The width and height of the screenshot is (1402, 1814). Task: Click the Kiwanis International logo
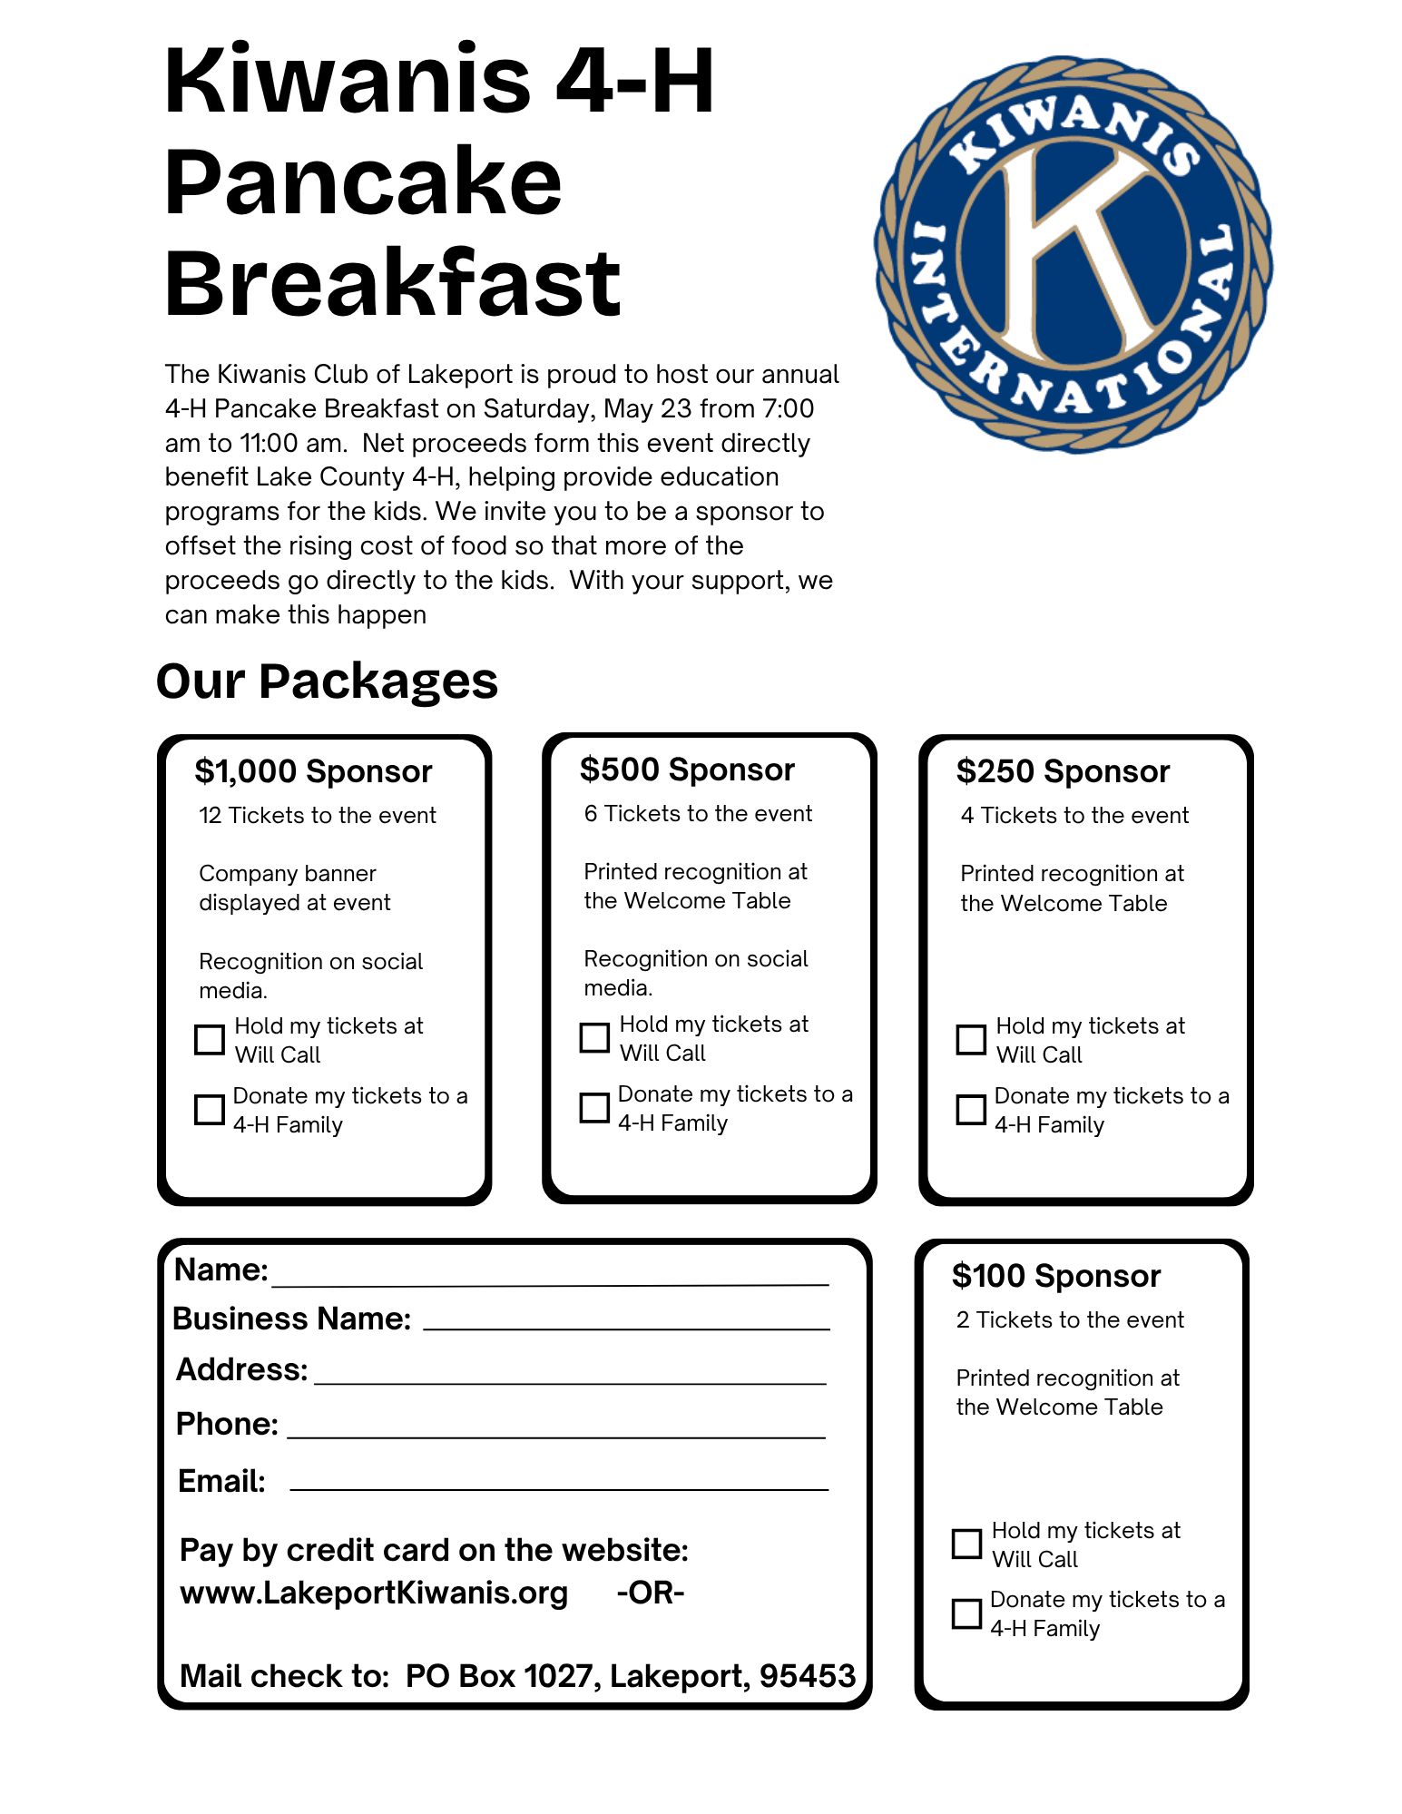1073,254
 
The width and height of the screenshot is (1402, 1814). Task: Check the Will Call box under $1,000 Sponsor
210,1039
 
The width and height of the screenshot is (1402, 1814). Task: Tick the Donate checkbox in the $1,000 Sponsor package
210,1109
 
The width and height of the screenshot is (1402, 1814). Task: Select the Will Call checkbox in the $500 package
594,1037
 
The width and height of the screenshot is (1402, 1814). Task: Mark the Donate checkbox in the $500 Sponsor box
594,1107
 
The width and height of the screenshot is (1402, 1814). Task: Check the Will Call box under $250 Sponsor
971,1039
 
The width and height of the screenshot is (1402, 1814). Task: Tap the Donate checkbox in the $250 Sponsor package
971,1109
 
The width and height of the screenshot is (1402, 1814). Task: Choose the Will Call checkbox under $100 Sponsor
966,1544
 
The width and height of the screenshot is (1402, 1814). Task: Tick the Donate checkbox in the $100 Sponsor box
966,1613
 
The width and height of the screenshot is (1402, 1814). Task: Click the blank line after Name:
550,1278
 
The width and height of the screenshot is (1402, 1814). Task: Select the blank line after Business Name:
626,1322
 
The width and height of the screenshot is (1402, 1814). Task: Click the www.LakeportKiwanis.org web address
374,1593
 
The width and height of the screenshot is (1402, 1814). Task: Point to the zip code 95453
807,1676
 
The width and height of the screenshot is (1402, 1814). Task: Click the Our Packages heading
327,681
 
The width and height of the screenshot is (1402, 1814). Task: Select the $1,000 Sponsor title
313,771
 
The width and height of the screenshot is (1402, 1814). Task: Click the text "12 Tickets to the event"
318,815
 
